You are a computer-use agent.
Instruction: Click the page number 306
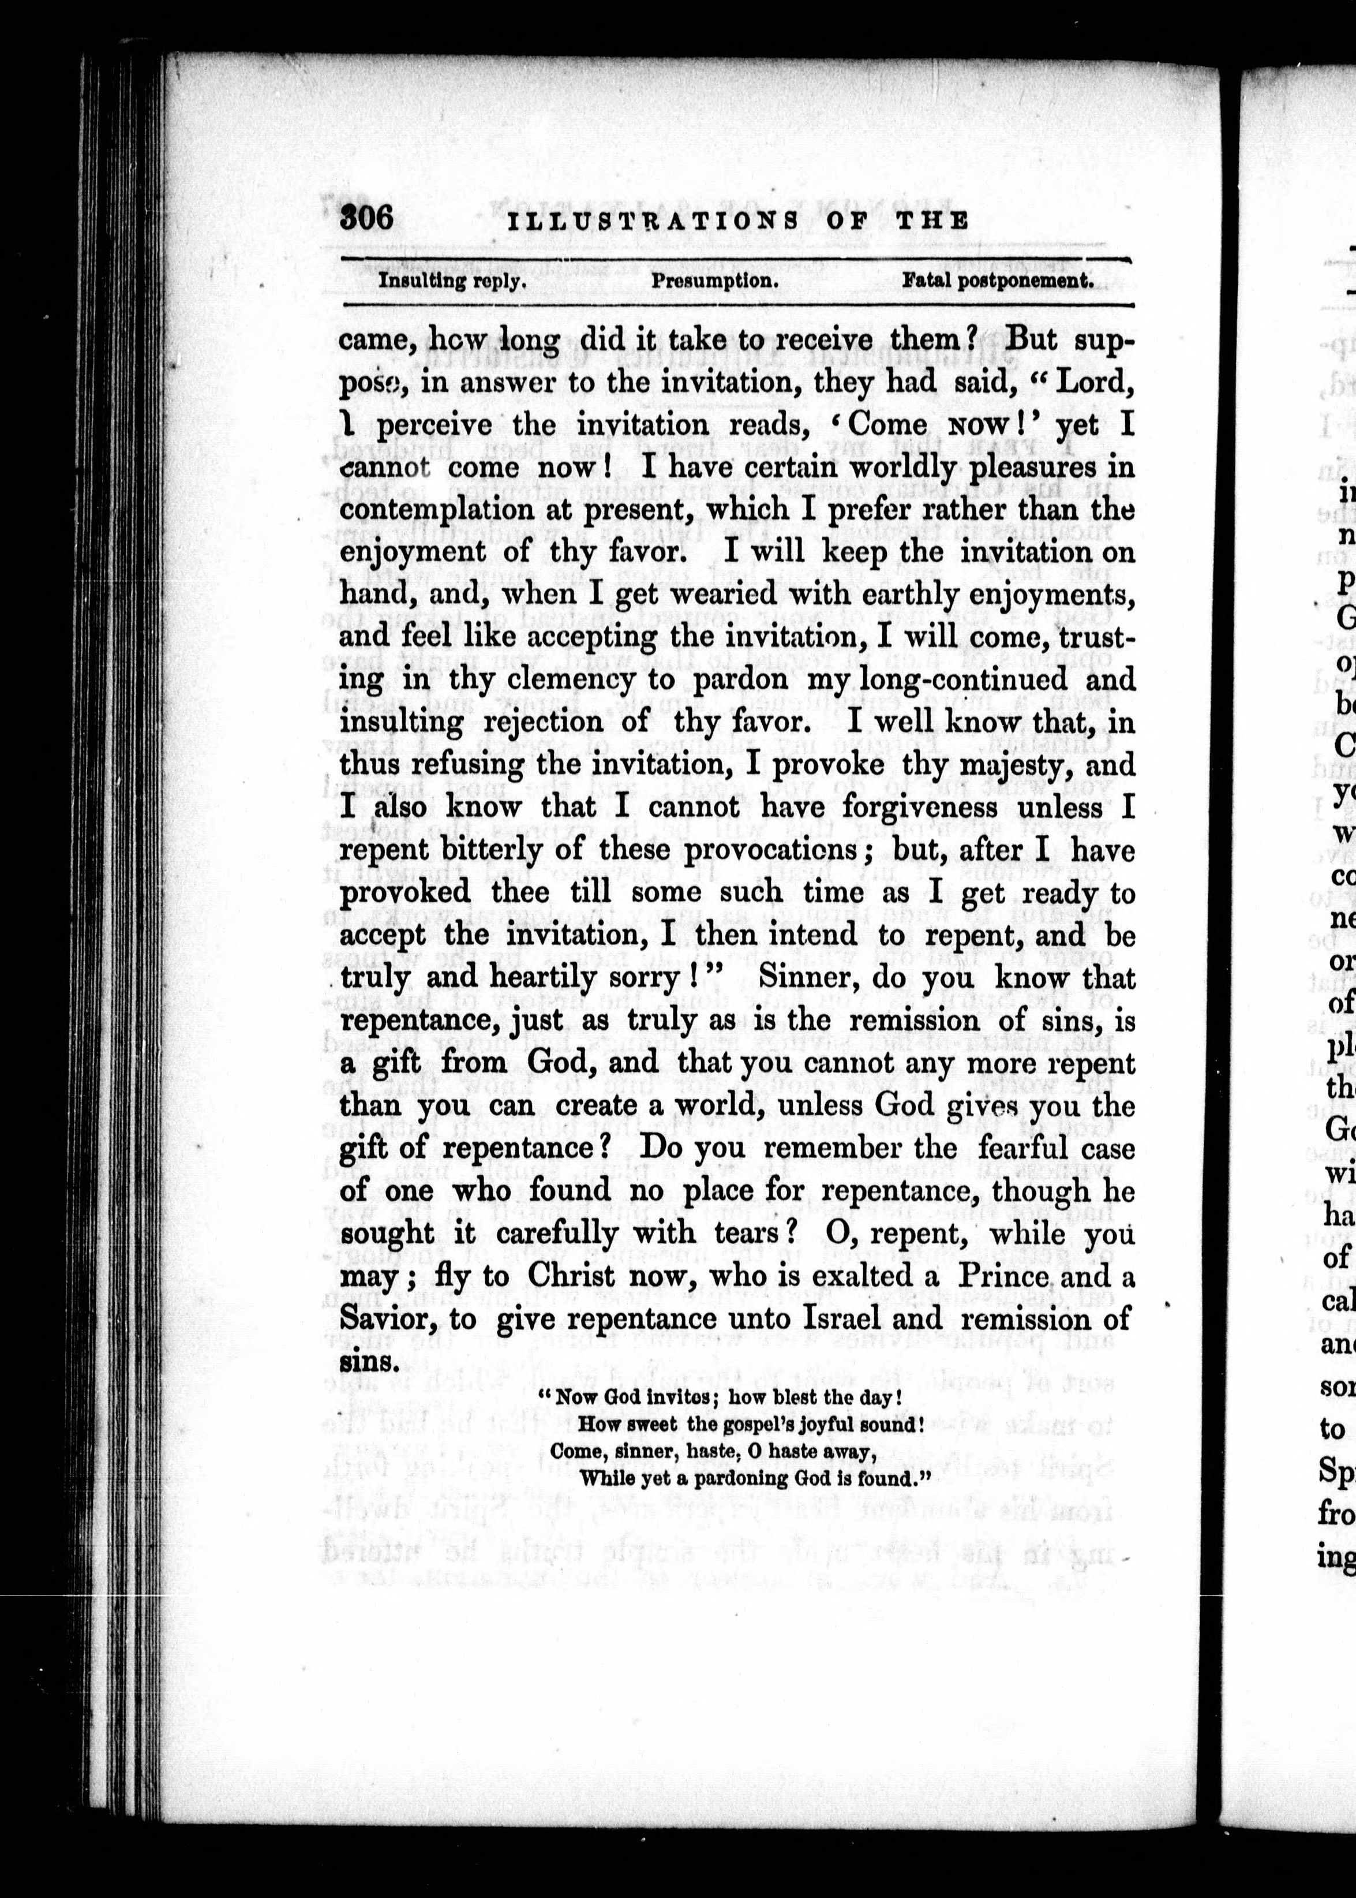[366, 218]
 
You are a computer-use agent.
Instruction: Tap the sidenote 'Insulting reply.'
[452, 281]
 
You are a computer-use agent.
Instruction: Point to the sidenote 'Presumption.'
[715, 281]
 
